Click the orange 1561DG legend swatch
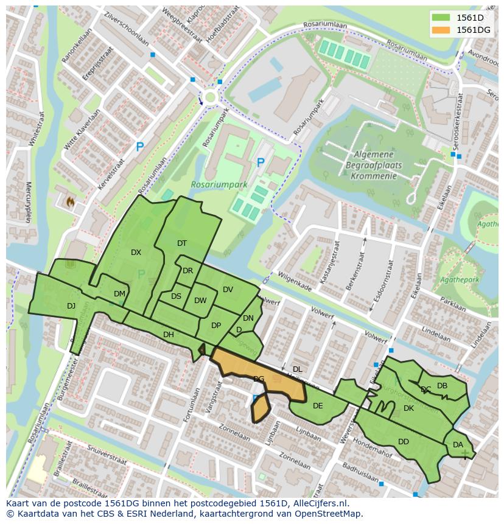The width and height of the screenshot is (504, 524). tap(442, 29)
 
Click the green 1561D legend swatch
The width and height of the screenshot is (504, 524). tap(442, 18)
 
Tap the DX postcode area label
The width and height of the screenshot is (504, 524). tap(136, 253)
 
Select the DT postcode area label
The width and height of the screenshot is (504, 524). tap(182, 243)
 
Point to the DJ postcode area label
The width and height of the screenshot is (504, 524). tap(71, 306)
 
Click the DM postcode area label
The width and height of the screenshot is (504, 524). tap(119, 294)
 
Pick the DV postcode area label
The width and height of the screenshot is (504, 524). tap(228, 290)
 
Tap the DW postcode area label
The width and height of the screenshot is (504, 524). tap(200, 301)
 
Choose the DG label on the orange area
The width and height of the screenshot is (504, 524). tap(259, 379)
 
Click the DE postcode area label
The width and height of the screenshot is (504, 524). tap(318, 406)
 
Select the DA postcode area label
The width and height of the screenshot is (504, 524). tap(458, 445)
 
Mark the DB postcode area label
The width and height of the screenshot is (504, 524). tap(442, 386)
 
